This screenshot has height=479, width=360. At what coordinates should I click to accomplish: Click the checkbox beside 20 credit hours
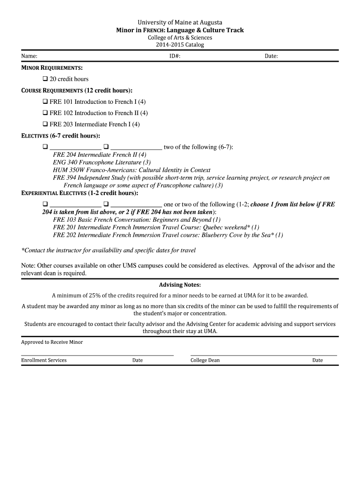pyautogui.click(x=45, y=79)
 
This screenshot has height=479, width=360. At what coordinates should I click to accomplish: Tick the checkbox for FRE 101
pyautogui.click(x=45, y=102)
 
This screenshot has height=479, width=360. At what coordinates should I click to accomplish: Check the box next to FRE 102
pyautogui.click(x=45, y=113)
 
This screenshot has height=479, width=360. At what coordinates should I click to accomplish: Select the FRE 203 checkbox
pyautogui.click(x=45, y=124)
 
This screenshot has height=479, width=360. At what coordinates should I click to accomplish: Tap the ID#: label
pyautogui.click(x=175, y=56)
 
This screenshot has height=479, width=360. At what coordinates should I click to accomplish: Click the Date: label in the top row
pyautogui.click(x=271, y=56)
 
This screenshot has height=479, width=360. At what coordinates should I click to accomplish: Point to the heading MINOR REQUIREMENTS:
pyautogui.click(x=52, y=68)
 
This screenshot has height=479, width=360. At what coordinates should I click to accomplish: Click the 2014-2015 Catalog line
pyautogui.click(x=180, y=45)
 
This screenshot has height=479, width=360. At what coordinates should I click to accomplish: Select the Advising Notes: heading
pyautogui.click(x=180, y=285)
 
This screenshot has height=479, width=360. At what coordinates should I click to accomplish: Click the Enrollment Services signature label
pyautogui.click(x=44, y=360)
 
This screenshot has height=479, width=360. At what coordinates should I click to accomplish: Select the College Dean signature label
pyautogui.click(x=205, y=360)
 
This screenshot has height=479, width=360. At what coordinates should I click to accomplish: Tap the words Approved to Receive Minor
pyautogui.click(x=52, y=342)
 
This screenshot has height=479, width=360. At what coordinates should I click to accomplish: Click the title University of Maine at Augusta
pyautogui.click(x=180, y=22)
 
